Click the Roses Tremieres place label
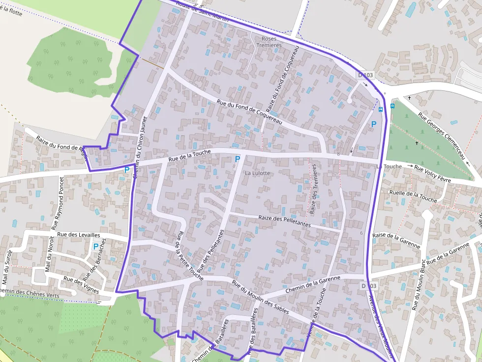(269, 42)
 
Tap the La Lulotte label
(257, 173)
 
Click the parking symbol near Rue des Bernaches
(96, 247)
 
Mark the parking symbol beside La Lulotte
(238, 159)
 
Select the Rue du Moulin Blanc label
(418, 285)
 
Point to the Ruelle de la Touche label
(413, 196)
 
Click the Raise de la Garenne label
(396, 240)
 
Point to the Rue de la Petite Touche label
(189, 256)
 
